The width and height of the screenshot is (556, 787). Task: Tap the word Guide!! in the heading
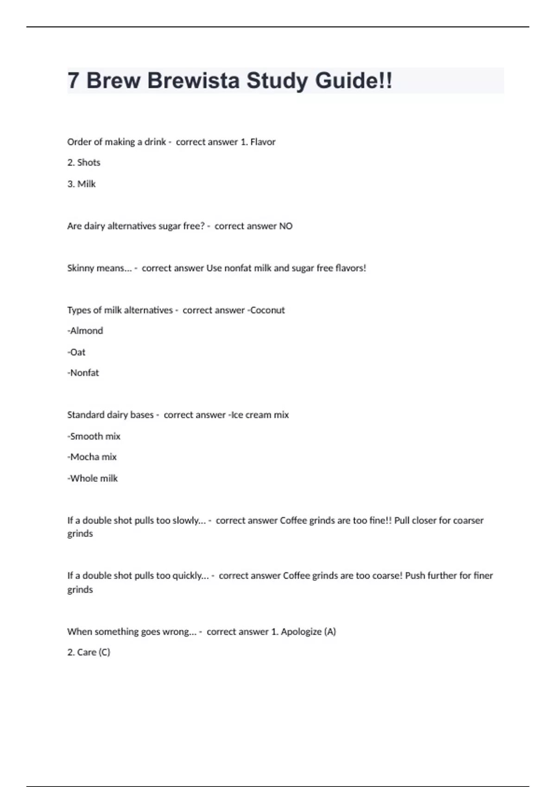(354, 81)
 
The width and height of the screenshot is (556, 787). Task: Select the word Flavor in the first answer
(263, 142)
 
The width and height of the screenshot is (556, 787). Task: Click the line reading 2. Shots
(84, 162)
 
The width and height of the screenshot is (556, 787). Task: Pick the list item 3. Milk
(82, 184)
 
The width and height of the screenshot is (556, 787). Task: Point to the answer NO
(285, 226)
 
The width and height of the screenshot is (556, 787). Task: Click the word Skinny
(81, 268)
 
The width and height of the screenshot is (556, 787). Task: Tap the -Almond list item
(85, 331)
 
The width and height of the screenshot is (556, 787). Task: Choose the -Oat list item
(76, 352)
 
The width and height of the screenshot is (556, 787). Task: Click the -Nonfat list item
(83, 373)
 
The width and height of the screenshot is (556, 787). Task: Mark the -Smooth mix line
(94, 436)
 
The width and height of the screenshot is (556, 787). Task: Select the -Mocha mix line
(92, 457)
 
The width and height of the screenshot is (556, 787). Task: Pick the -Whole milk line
(93, 478)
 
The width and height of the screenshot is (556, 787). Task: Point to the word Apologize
(301, 631)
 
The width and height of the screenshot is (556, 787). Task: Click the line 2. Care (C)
(89, 652)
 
